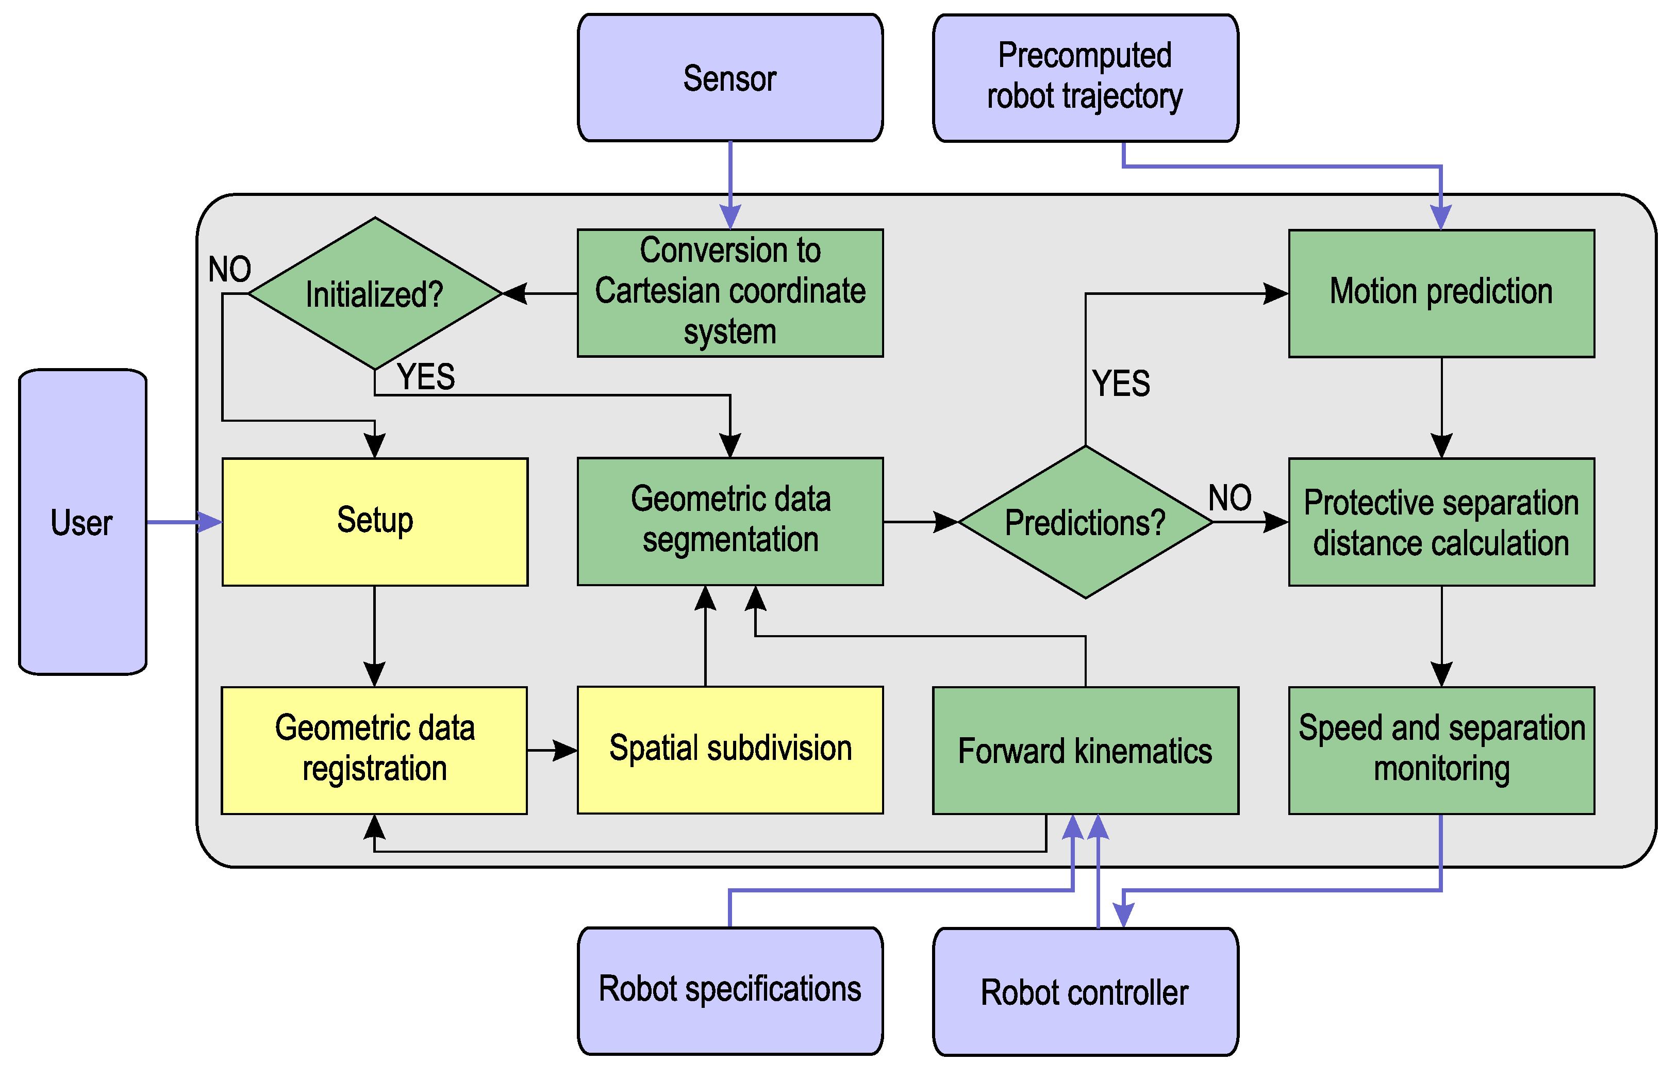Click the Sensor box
[x=730, y=78]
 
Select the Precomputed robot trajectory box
[x=1085, y=78]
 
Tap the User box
[x=82, y=522]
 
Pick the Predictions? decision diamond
[x=1085, y=522]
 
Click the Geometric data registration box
[x=374, y=750]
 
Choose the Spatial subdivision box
[x=730, y=750]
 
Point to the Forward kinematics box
[x=1085, y=750]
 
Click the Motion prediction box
[x=1441, y=293]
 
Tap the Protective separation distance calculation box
[x=1441, y=522]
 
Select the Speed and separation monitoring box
[x=1441, y=750]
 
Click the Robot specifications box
[x=730, y=990]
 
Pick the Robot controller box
[x=1085, y=992]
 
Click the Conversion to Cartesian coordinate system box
[x=730, y=293]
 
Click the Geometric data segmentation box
[x=730, y=522]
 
